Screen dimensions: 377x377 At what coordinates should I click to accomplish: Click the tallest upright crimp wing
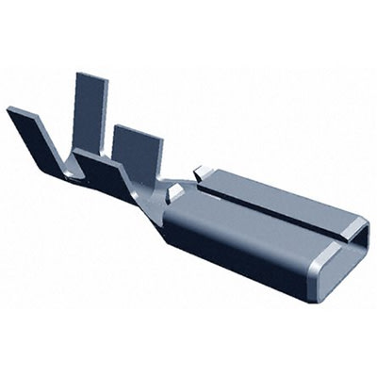point(90,104)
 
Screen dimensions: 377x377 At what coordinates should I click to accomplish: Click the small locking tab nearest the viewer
point(173,192)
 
